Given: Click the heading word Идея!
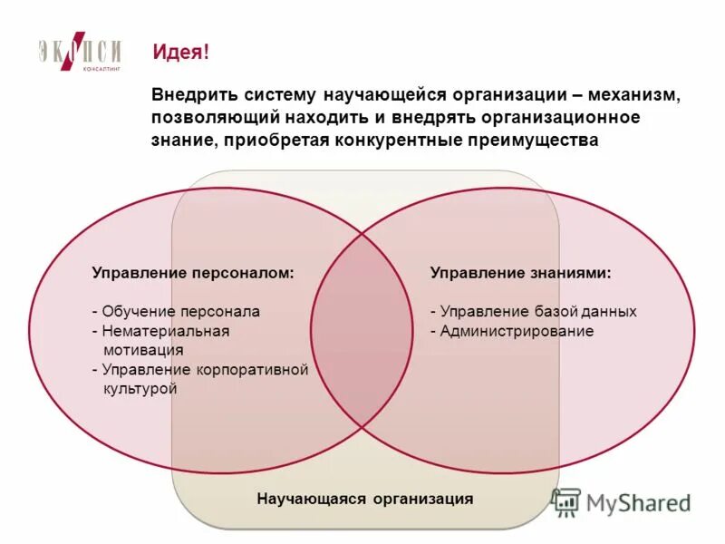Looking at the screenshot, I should pos(180,53).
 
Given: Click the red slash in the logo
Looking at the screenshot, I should pos(80,52).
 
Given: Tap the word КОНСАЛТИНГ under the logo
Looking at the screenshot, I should pos(101,69).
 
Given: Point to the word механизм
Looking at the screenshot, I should pos(639,95).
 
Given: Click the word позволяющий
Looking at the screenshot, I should pos(206,118).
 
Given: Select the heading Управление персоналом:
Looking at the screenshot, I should pos(193,272).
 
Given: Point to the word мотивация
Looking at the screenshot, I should pos(143,350).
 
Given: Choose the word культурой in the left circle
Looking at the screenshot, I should pos(140,389).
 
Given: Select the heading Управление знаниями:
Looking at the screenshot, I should pos(520,272).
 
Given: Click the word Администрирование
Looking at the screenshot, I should pos(517,331).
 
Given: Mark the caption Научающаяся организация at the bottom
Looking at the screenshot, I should pos(364,499).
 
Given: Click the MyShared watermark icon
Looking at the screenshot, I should pos(566,501).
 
